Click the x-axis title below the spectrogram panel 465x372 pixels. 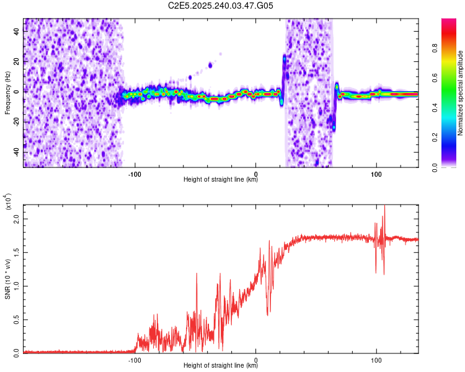click(221, 180)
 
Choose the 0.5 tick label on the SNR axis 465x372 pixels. click(17, 319)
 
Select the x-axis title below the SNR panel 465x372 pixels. click(221, 366)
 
